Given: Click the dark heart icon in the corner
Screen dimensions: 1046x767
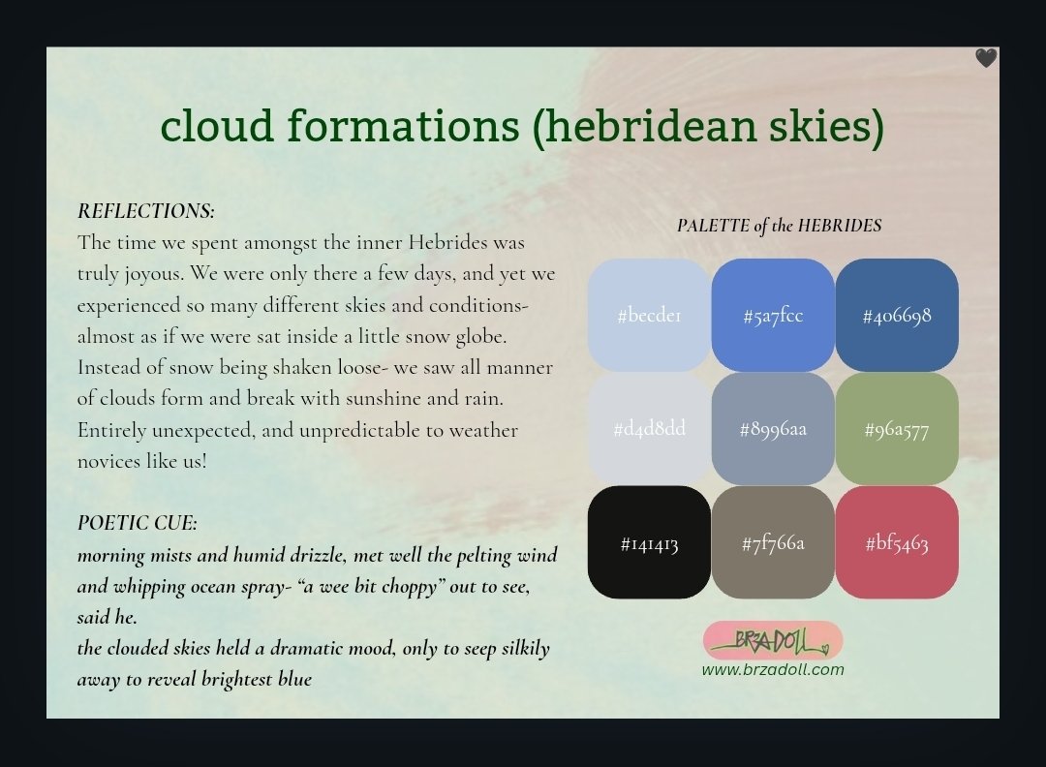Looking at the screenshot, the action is [x=986, y=58].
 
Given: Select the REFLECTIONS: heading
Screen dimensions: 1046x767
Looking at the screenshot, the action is [x=146, y=211].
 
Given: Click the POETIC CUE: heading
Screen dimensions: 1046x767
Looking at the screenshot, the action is [x=138, y=522].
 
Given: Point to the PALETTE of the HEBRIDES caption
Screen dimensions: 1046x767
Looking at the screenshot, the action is [x=779, y=226].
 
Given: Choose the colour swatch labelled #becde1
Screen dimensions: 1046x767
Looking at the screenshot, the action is [x=649, y=315].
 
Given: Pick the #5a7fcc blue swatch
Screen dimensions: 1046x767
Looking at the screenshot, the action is [x=773, y=315].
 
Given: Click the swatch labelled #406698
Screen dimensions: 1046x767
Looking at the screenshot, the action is [x=897, y=315].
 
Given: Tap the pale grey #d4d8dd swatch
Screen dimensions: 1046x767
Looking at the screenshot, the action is [x=649, y=428].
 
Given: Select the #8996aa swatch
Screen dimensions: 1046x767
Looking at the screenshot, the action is [x=773, y=428].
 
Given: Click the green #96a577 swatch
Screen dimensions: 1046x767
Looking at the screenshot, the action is [x=897, y=428].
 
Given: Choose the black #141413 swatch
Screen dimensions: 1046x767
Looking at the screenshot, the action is [x=649, y=542].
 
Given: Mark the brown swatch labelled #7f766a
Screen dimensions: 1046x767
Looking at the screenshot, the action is [x=773, y=542].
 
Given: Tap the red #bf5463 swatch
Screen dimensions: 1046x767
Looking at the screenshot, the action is [x=897, y=542].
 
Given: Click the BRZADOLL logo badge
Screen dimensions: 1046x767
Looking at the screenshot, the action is [x=773, y=640].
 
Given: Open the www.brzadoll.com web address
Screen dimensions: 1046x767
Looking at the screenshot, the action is [x=773, y=669].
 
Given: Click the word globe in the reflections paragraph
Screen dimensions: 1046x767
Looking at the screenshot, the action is [x=481, y=337].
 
